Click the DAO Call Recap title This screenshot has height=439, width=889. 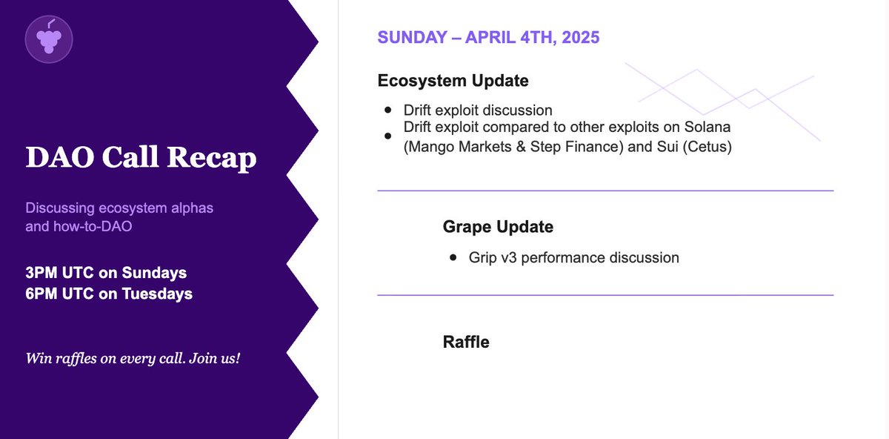click(141, 158)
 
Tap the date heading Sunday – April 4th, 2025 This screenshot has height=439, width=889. click(488, 38)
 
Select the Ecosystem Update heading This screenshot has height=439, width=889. click(453, 80)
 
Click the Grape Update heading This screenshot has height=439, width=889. click(498, 227)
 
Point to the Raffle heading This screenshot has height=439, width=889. click(466, 342)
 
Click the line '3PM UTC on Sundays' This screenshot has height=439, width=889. click(106, 272)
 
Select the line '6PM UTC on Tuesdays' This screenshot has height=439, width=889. click(109, 294)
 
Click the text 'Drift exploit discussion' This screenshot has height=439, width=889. click(478, 110)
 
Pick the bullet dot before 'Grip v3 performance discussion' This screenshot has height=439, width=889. click(453, 258)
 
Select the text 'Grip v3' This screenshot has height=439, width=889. click(494, 258)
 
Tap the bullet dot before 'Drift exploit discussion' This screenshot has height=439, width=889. click(388, 110)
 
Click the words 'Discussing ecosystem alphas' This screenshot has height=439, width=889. click(119, 208)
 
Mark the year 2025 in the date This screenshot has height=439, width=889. click(581, 38)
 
